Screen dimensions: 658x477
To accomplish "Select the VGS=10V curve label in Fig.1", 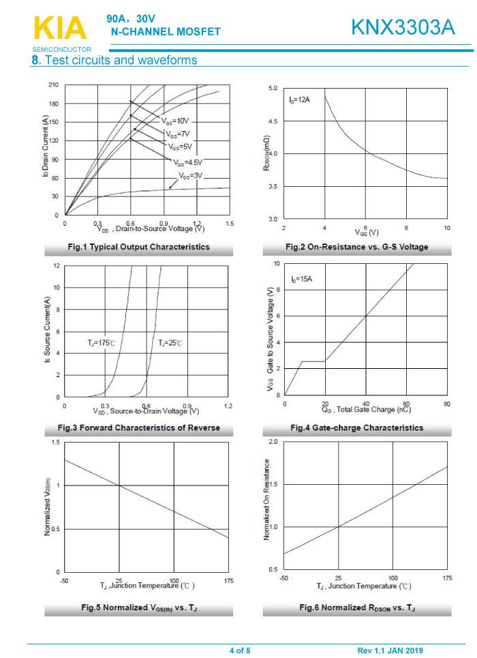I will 175,120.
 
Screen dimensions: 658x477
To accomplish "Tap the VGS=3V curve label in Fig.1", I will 191,175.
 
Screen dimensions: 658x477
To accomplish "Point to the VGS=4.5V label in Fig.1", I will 188,162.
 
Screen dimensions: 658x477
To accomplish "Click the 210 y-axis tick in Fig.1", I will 53,85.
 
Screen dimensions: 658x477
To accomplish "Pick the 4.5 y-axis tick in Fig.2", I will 273,121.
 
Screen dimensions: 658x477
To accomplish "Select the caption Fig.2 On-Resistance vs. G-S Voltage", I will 356,247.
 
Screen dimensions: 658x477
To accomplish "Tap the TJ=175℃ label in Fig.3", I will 101,342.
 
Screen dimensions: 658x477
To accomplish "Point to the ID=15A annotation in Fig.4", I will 301,279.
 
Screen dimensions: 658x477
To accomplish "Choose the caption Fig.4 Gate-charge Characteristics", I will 356,428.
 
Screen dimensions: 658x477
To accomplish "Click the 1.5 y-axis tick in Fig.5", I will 55,443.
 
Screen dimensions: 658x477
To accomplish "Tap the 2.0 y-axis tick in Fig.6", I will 273,443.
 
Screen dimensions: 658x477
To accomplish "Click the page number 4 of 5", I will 239,650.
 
